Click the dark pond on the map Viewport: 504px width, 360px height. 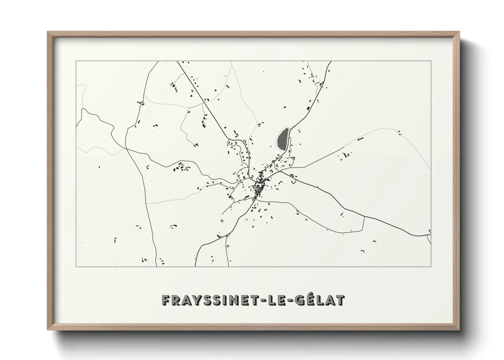click(x=282, y=139)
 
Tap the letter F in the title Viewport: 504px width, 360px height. click(x=166, y=300)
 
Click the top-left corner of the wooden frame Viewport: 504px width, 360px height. click(x=48, y=32)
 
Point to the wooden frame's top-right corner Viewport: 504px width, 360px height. click(x=459, y=32)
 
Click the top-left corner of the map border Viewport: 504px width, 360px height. click(x=76, y=61)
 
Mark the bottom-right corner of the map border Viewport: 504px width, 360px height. click(x=431, y=267)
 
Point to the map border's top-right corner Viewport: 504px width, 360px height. click(x=431, y=61)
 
